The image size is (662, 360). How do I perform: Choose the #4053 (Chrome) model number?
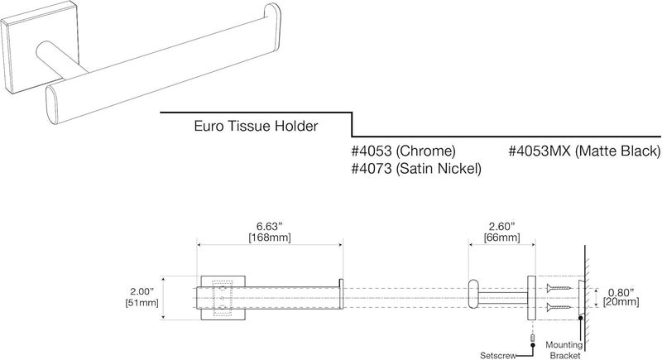pos(404,151)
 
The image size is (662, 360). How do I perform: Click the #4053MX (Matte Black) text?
pos(583,151)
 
